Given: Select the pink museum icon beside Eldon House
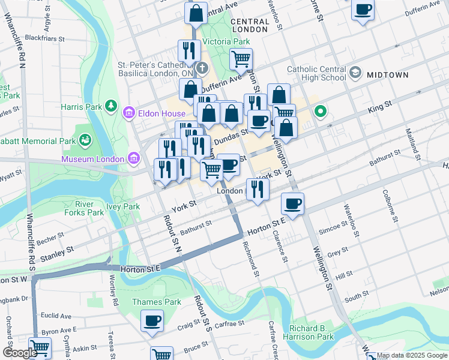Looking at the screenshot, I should click(x=128, y=113).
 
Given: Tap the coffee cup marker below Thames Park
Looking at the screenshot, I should click(x=152, y=320).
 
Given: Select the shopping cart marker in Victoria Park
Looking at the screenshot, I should click(x=241, y=59).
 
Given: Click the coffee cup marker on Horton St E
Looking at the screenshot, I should click(x=292, y=204).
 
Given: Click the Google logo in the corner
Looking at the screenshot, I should click(x=19, y=353).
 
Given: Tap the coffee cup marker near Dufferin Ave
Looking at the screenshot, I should click(x=363, y=10).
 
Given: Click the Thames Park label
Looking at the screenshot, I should click(x=148, y=302).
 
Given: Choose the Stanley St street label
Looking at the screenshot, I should click(x=57, y=253).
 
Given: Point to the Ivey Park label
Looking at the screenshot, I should click(x=123, y=206).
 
